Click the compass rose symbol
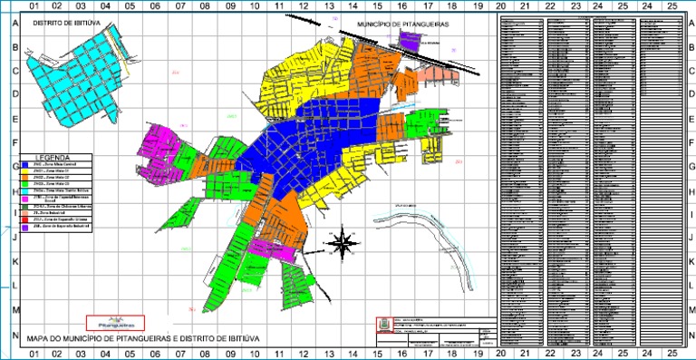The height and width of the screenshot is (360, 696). click(x=343, y=242)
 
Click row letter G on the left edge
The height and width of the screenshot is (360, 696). click(x=14, y=167)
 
